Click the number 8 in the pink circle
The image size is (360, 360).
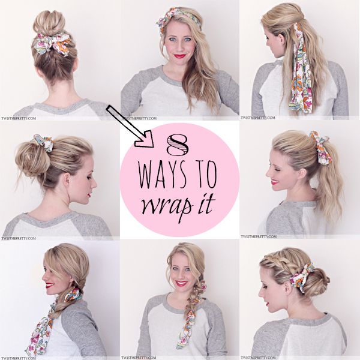[178, 144]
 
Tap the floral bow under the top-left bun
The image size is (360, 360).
[52, 44]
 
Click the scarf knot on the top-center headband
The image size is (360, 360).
[166, 21]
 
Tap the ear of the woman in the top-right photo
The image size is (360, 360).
[281, 41]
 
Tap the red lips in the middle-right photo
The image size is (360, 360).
[274, 182]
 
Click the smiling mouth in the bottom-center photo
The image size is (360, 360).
[181, 284]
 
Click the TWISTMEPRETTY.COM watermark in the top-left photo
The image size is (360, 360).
[19, 118]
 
